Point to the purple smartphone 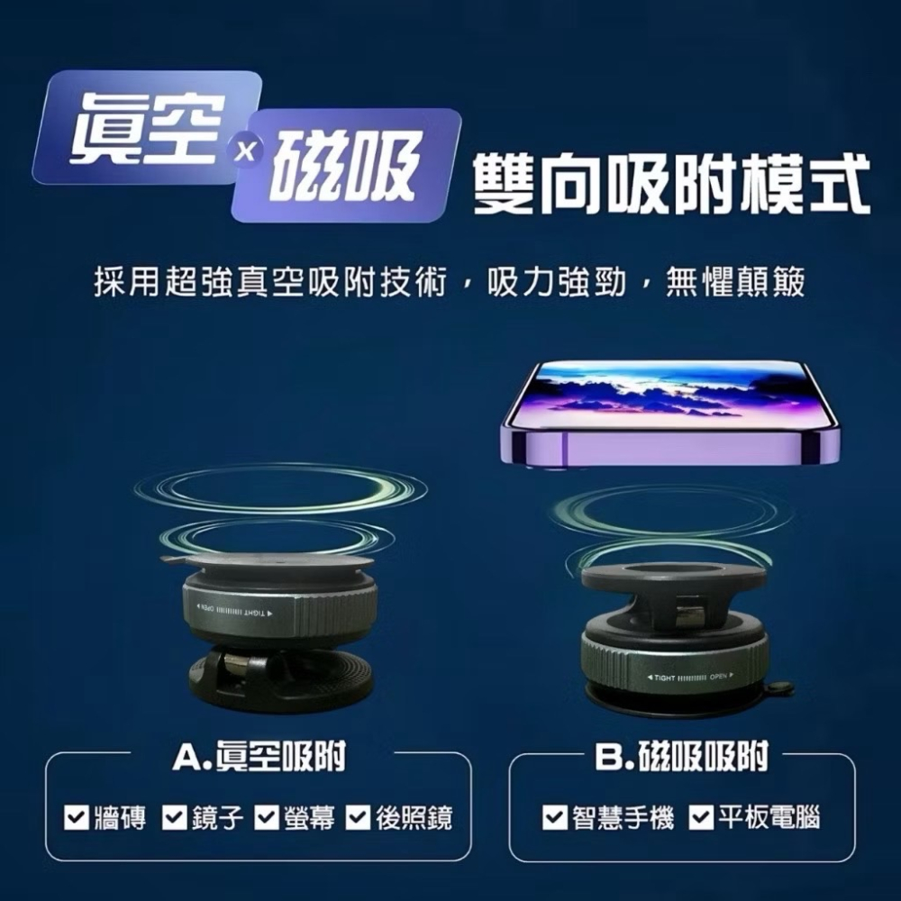[x=671, y=414]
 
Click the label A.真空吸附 [x=259, y=758]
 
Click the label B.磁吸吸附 [x=682, y=758]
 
